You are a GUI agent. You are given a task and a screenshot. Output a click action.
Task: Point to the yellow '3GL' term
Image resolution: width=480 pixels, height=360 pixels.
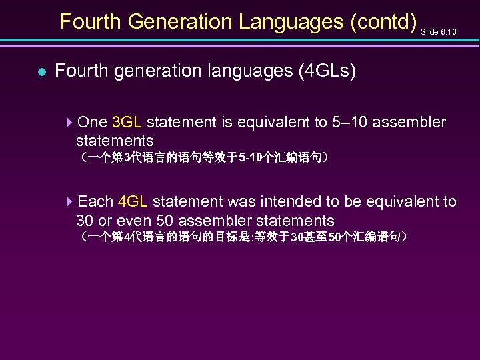pyautogui.click(x=127, y=123)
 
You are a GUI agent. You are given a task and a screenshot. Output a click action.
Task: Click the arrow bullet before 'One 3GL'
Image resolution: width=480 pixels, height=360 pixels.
pyautogui.click(x=71, y=123)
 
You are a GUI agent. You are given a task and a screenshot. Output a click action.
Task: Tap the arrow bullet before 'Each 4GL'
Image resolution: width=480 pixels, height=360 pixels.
pyautogui.click(x=71, y=202)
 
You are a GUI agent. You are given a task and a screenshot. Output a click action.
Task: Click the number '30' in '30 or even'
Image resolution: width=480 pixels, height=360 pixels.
pyautogui.click(x=85, y=221)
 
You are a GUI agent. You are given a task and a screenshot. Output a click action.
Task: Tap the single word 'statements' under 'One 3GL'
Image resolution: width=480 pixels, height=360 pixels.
pyautogui.click(x=115, y=141)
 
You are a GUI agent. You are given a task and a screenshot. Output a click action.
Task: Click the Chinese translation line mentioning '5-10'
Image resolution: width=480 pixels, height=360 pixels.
pyautogui.click(x=203, y=159)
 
